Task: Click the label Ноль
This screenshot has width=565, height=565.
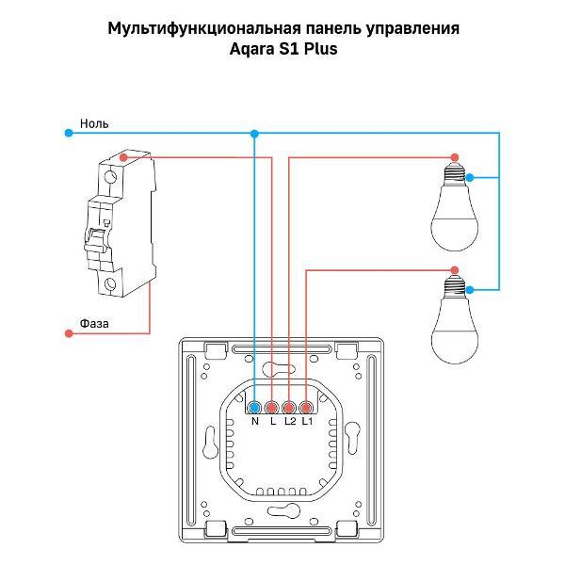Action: pos(95,123)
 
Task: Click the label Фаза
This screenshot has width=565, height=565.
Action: pos(94,323)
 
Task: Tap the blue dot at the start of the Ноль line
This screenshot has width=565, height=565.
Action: pos(69,134)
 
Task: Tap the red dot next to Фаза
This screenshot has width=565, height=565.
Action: pos(69,333)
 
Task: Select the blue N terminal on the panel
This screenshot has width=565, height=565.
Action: pos(254,408)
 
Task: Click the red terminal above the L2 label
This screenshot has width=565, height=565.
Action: pos(289,408)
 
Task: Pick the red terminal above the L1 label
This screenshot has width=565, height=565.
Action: pos(306,408)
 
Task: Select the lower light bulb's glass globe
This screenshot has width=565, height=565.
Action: pos(454,330)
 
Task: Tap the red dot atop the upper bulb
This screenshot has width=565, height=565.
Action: pos(455,157)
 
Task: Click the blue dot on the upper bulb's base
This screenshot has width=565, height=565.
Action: pos(469,177)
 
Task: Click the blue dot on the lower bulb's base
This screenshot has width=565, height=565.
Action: pos(469,288)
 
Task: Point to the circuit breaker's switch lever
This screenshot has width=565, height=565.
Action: pos(95,240)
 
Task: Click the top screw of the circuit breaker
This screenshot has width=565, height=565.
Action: pos(111,176)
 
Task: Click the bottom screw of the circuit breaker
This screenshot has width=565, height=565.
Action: pos(111,283)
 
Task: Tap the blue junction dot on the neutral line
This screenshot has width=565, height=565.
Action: pos(254,134)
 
